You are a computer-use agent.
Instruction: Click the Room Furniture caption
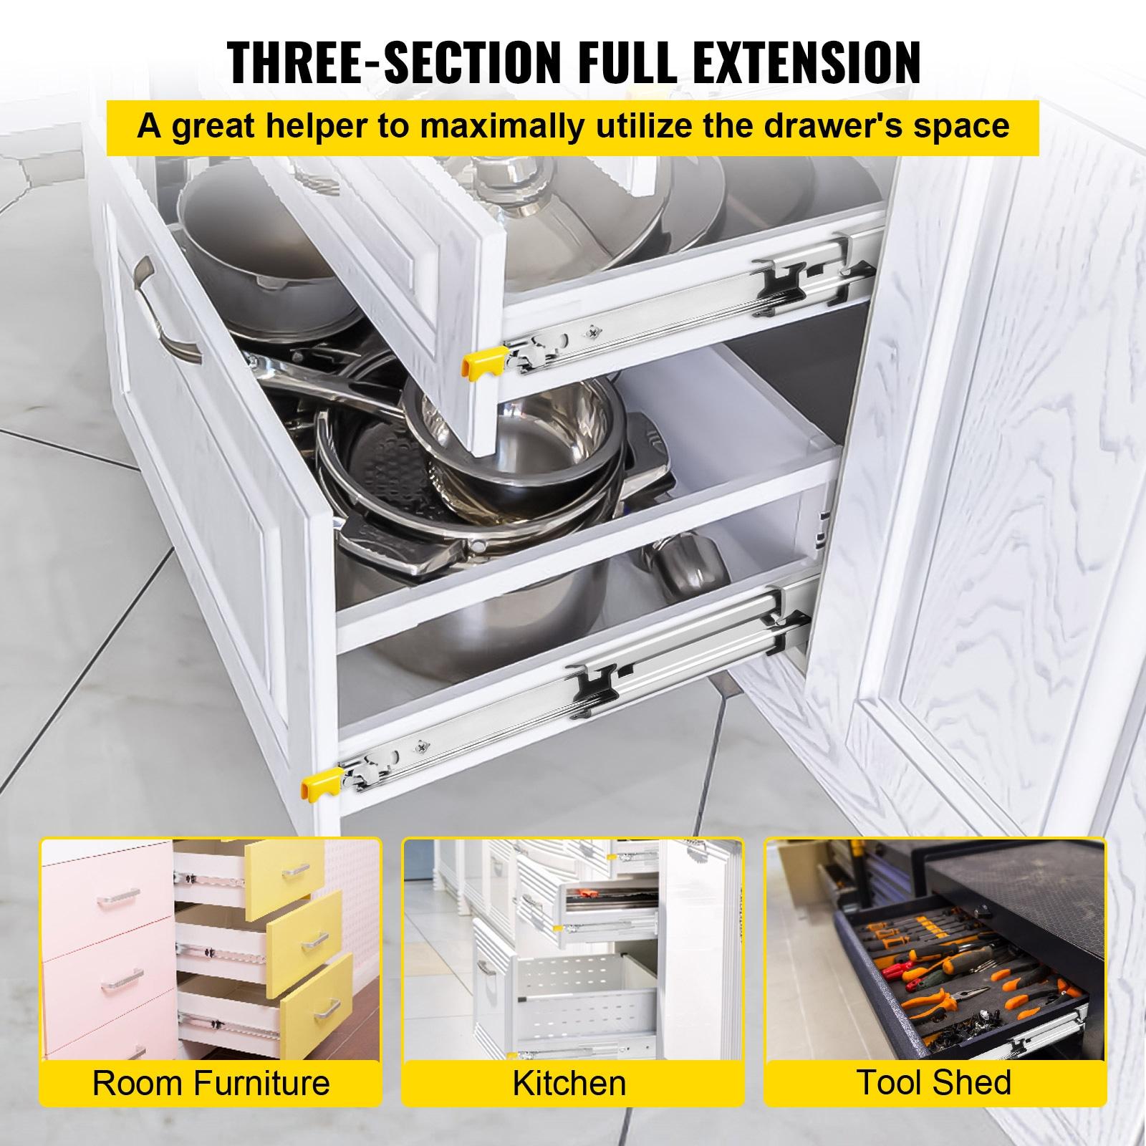211,1082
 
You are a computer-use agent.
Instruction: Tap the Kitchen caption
569,1082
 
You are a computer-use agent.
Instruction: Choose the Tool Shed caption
934,1082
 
